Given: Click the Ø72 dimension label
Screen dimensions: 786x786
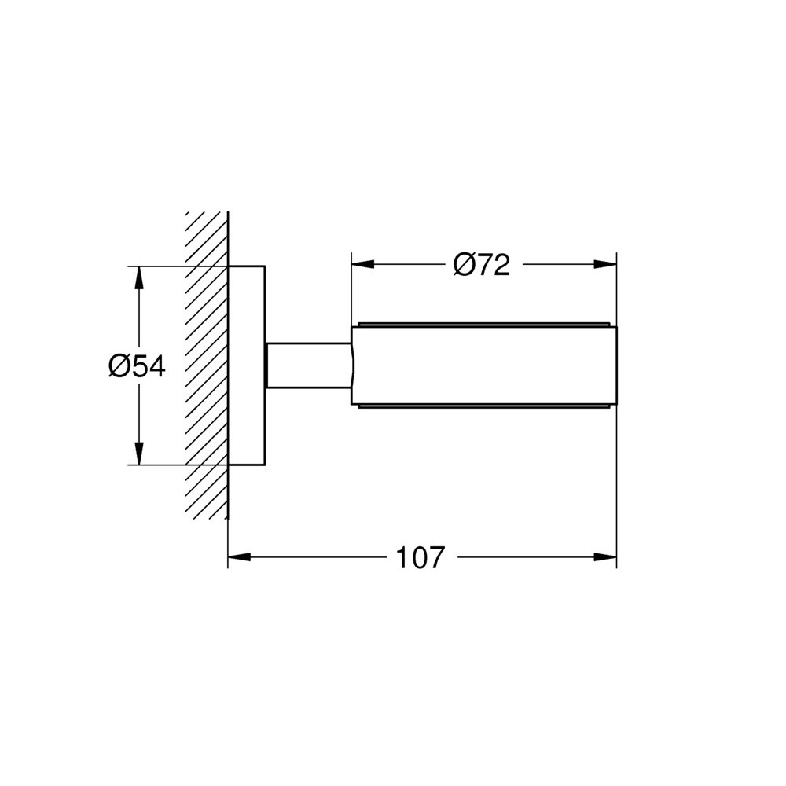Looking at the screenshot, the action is [481, 264].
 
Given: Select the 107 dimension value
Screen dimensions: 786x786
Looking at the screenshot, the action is [420, 557].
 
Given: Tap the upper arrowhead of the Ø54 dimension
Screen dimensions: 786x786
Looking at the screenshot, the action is [139, 277].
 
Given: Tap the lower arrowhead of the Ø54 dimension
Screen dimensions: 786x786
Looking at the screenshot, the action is [139, 454].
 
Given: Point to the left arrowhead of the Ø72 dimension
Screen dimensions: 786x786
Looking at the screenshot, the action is [363, 264].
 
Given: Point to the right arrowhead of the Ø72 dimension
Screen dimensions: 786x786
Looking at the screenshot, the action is [605, 264].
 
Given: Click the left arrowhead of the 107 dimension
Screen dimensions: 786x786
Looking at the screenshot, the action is [240, 557].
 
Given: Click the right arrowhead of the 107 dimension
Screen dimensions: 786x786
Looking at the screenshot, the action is [605, 557].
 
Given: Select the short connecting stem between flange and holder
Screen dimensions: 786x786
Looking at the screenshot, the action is [308, 365].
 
